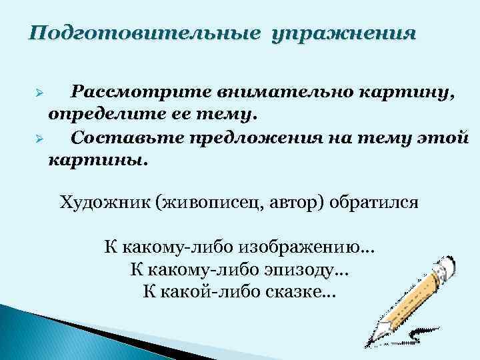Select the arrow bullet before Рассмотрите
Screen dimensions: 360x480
click(x=39, y=93)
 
